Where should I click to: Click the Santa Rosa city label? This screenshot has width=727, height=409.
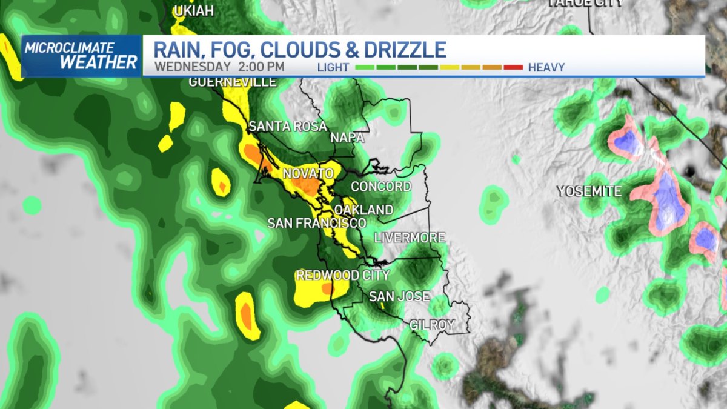point(288,127)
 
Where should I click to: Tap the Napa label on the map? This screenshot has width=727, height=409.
point(347,138)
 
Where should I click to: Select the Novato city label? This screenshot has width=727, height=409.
point(308,174)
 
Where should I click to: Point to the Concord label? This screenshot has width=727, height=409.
point(381,186)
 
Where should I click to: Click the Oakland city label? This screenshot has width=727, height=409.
point(363,210)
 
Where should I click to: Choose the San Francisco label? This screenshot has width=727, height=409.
point(317,223)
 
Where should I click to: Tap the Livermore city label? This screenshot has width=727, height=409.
point(410,238)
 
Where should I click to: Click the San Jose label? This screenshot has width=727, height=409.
point(399,296)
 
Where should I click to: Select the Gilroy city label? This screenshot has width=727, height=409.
point(432,325)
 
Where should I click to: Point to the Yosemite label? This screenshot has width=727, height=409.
point(589,191)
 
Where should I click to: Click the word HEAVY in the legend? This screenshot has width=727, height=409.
point(546,67)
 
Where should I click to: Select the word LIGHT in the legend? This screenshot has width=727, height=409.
point(333,67)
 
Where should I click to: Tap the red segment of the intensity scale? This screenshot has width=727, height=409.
point(513,67)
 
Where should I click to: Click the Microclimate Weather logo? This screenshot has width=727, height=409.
point(82,56)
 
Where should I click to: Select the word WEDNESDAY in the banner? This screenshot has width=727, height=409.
point(193,67)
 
